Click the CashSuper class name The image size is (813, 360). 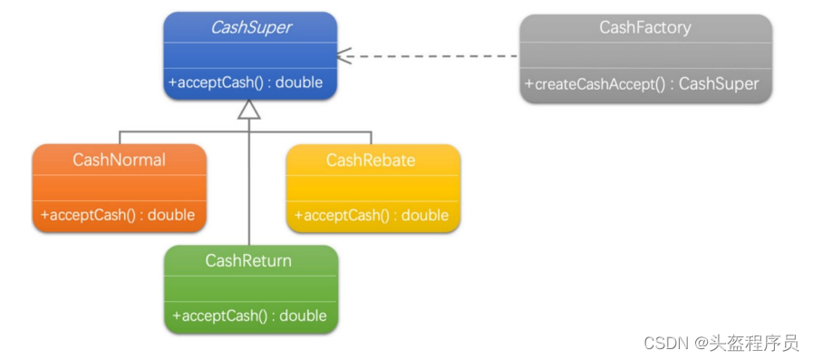coord(250,28)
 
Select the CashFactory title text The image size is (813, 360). coord(645,27)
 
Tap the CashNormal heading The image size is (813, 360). coord(120,160)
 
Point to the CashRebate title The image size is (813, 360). coord(371,160)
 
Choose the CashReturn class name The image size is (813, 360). coord(248,260)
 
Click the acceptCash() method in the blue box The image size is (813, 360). coord(246,83)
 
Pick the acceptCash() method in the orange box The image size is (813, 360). coord(118,215)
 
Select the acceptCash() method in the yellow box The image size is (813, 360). coord(372,215)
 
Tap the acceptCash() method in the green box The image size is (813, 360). coord(250,316)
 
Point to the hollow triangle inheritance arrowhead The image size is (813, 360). coord(249,110)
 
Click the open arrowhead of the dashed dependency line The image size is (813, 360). coord(344,55)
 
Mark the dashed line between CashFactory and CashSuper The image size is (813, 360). coord(429,55)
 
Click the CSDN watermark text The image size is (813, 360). coord(721,343)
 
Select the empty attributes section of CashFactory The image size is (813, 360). coord(646,55)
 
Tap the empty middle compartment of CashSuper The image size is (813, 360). coord(250,55)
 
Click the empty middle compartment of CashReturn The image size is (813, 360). coord(251,288)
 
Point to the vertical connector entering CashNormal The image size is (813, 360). coord(120,138)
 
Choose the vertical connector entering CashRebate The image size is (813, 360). coord(371,138)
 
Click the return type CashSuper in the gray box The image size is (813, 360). coord(719,84)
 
